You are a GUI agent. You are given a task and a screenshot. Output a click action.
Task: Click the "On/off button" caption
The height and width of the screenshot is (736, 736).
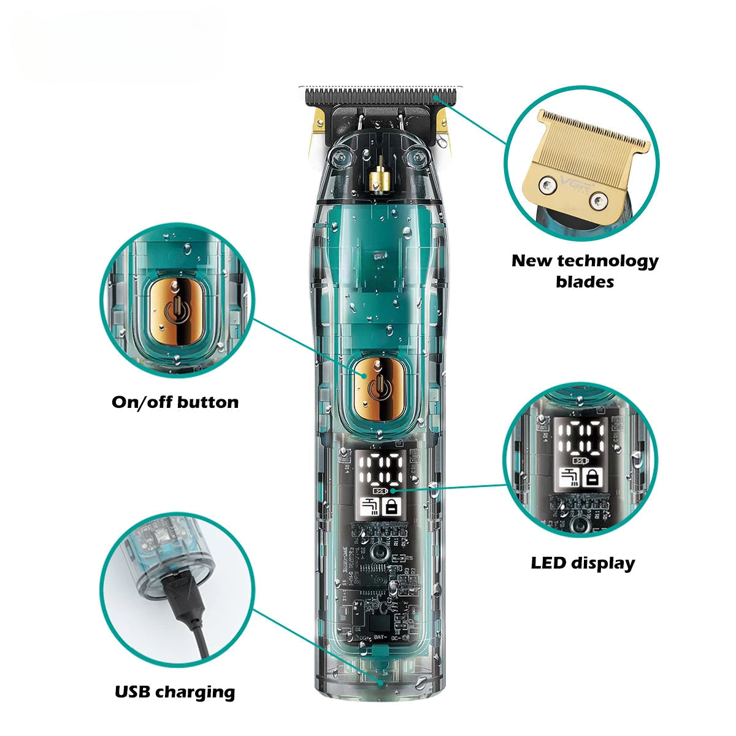[175, 402]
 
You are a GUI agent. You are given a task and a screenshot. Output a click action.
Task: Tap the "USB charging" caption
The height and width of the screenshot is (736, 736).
[175, 692]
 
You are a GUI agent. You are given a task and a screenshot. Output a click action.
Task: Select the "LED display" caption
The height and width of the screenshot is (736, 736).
[583, 562]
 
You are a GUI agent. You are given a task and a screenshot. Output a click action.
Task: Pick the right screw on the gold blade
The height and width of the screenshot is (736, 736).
[597, 199]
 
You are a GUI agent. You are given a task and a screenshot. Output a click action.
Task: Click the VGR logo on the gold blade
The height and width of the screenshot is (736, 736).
[569, 182]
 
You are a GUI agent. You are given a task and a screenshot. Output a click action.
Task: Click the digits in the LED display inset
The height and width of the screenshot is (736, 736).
[582, 439]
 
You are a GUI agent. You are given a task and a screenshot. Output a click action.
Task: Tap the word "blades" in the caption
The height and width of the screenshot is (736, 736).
[585, 282]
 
